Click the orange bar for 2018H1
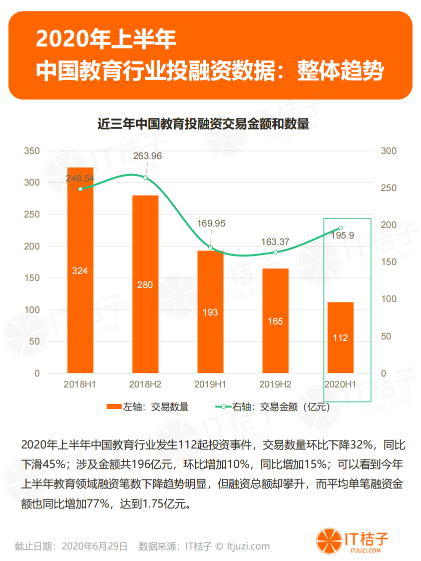point(80,270)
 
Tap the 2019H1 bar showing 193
point(210,311)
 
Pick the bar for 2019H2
point(275,320)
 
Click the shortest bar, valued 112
point(340,337)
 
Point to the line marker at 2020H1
point(340,228)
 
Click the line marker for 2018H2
point(146,177)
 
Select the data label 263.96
point(147,156)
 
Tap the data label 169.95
point(211,223)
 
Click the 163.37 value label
point(275,241)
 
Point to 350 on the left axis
point(33,151)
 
